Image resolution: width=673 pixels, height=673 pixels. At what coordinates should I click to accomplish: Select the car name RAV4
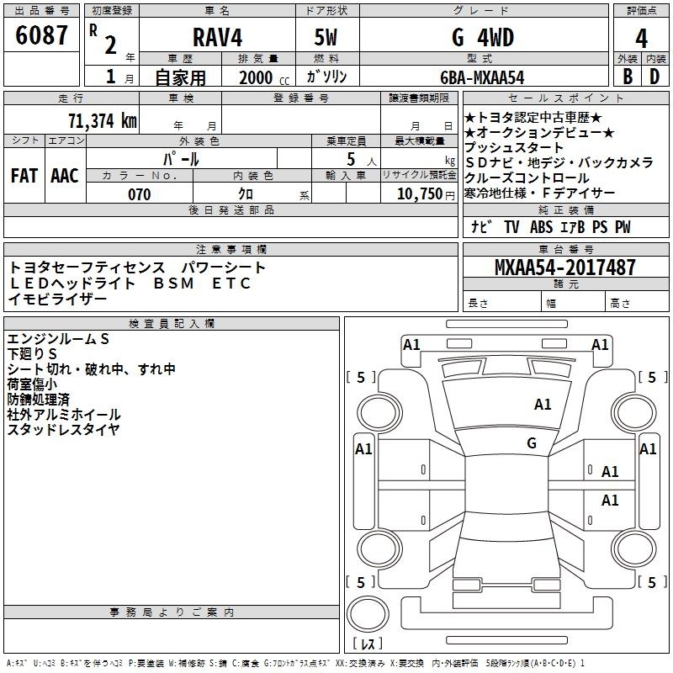point(215,39)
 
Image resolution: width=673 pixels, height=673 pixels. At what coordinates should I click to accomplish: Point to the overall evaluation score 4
point(642,39)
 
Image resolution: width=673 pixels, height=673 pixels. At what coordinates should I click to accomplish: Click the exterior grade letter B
point(627,77)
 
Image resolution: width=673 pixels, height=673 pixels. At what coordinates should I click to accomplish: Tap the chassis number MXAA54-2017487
point(565,268)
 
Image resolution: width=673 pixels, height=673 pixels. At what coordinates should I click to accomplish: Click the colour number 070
point(140,194)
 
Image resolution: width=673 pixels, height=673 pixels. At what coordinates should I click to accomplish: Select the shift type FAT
point(24,176)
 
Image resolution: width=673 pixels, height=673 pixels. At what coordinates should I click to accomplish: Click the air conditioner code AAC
point(64,176)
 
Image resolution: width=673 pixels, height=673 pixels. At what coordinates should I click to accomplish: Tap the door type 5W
point(327,39)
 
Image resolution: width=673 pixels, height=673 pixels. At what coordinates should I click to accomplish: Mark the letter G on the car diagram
point(532,442)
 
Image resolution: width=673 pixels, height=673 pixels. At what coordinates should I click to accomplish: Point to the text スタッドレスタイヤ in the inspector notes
point(63,430)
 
